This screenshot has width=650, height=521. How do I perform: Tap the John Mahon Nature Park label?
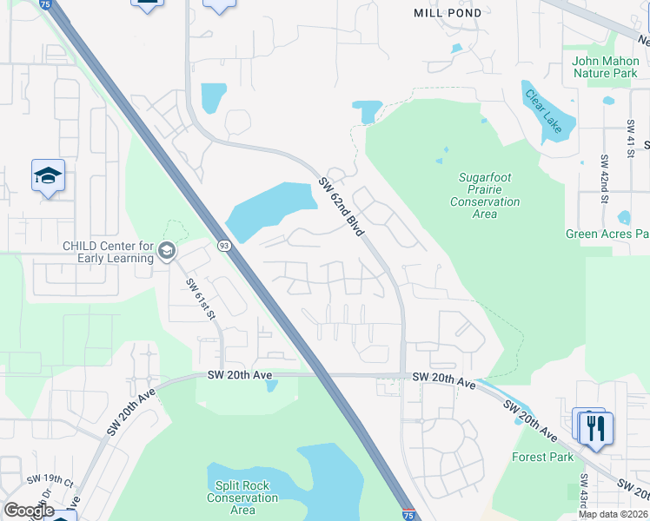(x=605, y=67)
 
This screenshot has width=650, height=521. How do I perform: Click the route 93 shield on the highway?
(x=223, y=247)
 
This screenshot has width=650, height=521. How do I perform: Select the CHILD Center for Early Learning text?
(x=108, y=251)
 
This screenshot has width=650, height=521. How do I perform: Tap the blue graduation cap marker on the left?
(x=49, y=176)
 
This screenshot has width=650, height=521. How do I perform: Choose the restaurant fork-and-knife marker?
(x=596, y=429)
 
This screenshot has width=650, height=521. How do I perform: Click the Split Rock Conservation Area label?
(x=242, y=498)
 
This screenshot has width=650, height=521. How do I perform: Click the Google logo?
(x=30, y=511)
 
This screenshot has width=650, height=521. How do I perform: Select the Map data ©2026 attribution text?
(x=614, y=514)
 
